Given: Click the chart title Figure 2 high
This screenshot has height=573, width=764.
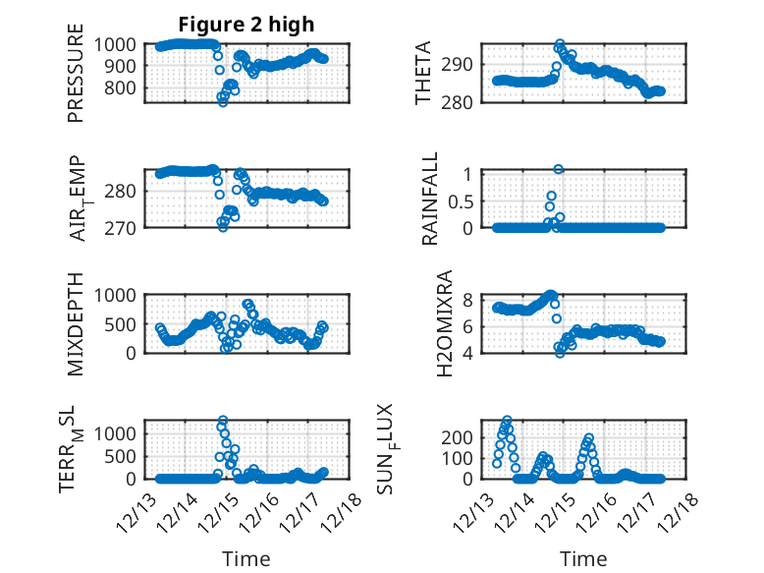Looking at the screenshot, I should [x=246, y=25].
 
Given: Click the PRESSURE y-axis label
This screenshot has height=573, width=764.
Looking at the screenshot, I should [x=76, y=80].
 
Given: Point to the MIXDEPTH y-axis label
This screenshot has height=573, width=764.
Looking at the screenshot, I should [x=76, y=323].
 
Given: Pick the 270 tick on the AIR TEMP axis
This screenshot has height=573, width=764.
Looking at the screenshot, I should [x=126, y=227].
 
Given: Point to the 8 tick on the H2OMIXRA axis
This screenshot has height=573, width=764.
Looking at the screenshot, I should [x=468, y=299].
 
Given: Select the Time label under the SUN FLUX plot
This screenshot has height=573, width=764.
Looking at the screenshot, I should [x=583, y=558].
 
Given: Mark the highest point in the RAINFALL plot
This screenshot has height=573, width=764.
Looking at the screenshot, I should [x=558, y=169].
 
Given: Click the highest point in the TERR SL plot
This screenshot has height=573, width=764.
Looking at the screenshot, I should [x=223, y=421].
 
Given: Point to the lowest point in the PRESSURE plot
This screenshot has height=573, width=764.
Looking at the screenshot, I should [x=223, y=102].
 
